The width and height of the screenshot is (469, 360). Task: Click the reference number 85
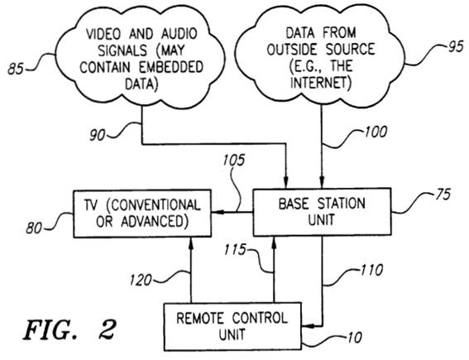click(15, 69)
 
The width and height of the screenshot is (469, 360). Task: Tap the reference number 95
click(456, 47)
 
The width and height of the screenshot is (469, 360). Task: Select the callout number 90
click(98, 136)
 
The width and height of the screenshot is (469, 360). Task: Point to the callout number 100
click(376, 132)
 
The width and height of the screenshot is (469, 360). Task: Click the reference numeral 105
click(233, 160)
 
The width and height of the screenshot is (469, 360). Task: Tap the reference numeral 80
click(34, 228)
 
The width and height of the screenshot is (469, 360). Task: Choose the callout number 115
click(235, 249)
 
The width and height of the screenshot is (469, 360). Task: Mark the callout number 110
click(371, 270)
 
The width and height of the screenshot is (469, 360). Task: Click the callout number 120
click(141, 281)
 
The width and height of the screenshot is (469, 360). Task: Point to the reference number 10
click(355, 338)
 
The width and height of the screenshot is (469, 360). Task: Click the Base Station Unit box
click(322, 212)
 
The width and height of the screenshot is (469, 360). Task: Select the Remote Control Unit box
click(232, 326)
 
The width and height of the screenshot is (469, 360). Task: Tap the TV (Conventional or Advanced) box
click(142, 214)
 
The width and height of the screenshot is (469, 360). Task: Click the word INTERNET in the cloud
click(321, 83)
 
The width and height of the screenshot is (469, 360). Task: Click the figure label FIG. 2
click(69, 329)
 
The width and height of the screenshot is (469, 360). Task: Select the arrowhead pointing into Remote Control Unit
click(308, 325)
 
